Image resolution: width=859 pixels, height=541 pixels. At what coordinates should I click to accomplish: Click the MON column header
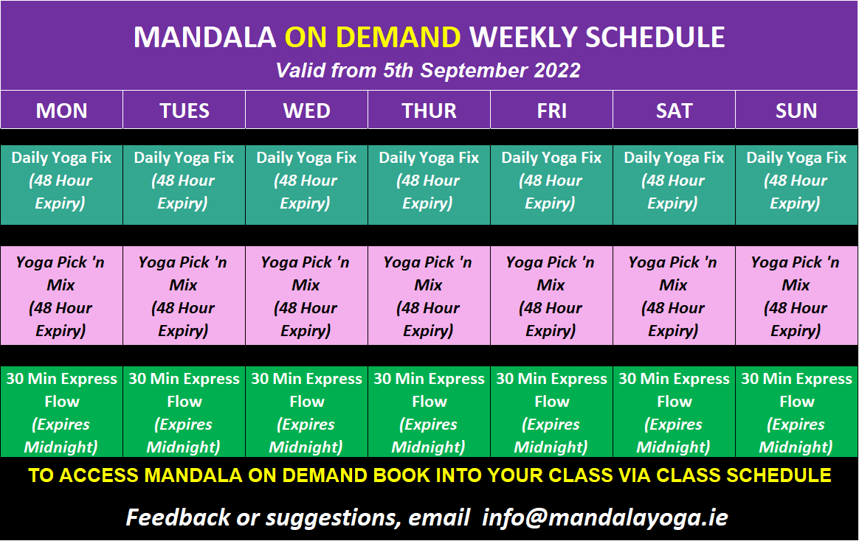[61, 110]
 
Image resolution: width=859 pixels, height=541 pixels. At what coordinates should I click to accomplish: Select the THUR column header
[429, 110]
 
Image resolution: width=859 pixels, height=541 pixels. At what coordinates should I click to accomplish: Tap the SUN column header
[796, 110]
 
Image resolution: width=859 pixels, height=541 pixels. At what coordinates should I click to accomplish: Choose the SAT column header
[674, 110]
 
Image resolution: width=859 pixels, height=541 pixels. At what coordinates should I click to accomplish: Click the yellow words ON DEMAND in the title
[373, 37]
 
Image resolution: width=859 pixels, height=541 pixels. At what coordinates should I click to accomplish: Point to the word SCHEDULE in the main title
[655, 37]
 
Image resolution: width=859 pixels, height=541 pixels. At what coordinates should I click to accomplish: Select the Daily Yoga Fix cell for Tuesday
[184, 185]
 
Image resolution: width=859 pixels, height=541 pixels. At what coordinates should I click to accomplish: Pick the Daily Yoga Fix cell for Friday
[552, 185]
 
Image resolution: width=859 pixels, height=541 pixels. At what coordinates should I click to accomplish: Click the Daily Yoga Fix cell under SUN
[796, 185]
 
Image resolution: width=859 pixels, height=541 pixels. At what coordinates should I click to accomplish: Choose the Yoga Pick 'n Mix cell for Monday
[61, 296]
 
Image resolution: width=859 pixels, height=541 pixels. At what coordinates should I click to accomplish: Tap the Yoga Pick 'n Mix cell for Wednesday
[307, 296]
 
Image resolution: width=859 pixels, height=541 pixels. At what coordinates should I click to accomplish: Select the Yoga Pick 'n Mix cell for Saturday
[674, 296]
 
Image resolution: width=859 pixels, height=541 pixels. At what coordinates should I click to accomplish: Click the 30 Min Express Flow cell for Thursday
[429, 412]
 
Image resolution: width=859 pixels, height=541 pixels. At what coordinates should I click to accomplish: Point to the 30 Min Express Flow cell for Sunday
[796, 412]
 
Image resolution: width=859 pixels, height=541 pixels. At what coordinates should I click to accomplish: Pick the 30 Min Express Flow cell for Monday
[61, 412]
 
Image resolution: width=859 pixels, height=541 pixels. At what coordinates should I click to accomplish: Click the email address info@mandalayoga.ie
[605, 517]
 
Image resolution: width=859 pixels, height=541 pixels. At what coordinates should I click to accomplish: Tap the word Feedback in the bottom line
[179, 517]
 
